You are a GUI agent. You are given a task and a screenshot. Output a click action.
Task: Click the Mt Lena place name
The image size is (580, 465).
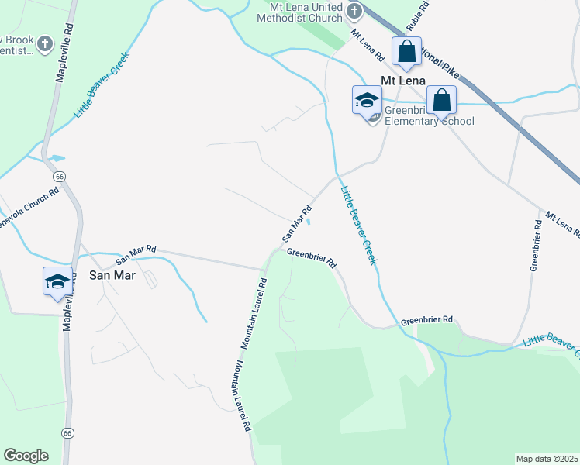click(x=402, y=79)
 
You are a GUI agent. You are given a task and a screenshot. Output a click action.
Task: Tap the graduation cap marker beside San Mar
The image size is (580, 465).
click(x=57, y=281)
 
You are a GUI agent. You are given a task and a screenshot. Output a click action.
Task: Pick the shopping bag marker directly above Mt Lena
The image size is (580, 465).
click(x=406, y=52)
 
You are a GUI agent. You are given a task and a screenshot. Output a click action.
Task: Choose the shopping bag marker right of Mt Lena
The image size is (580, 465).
click(x=441, y=100)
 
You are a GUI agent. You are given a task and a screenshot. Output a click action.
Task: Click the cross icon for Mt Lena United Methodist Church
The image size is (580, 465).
click(x=354, y=11)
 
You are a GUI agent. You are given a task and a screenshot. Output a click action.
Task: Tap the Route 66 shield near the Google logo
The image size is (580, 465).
click(x=67, y=432)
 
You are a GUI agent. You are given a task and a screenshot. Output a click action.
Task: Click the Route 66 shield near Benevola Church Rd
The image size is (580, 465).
click(x=60, y=177)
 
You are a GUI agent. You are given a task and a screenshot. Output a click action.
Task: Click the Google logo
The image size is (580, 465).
click(x=26, y=456)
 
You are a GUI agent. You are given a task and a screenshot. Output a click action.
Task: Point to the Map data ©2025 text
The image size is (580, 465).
click(x=547, y=458)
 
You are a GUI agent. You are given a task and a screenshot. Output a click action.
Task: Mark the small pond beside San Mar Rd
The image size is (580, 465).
click(x=309, y=222)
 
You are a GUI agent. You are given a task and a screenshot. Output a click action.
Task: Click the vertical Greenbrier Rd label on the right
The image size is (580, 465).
click(x=535, y=245)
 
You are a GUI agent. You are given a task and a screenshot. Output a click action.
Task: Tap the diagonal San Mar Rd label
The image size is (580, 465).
click(x=297, y=222)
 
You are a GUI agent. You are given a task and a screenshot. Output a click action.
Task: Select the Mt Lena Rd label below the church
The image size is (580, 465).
click(x=368, y=46)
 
